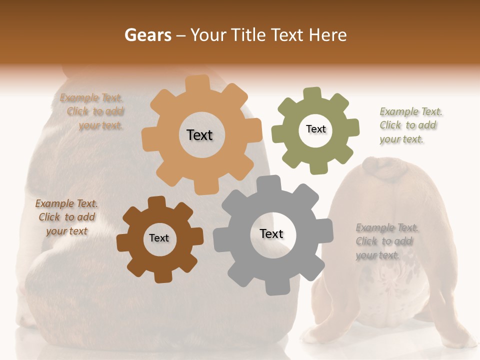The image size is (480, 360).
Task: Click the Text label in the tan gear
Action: click(199, 135)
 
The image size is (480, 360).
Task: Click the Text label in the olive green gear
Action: click(315, 129)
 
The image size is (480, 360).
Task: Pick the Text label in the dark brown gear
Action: click(159, 238)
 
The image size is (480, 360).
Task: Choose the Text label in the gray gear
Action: click(271, 233)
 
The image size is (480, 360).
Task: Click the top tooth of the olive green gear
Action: click(312, 94)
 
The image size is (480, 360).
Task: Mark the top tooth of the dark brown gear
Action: click(157, 202)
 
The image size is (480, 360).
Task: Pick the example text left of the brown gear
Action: click(66, 217)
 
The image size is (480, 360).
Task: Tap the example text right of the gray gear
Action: click(386, 241)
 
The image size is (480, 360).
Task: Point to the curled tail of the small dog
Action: click(384, 169)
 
